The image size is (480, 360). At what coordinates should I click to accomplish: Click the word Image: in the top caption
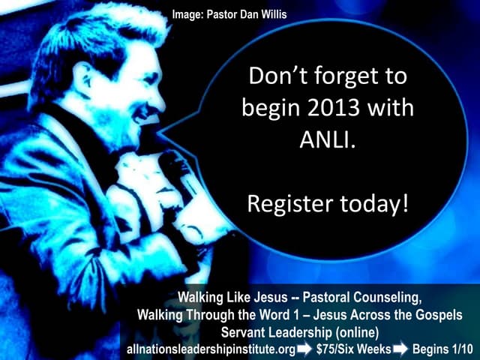(x=190, y=13)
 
